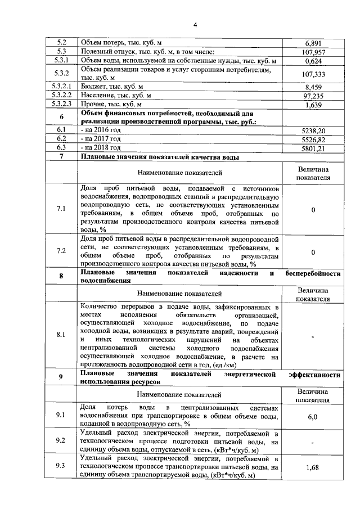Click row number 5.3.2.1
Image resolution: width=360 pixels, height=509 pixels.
[61, 87]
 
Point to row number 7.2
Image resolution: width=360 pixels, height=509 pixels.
[61, 251]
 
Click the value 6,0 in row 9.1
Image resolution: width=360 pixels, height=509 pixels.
[313, 416]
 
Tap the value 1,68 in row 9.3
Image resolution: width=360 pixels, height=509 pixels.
[313, 467]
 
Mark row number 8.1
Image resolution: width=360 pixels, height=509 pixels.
[61, 335]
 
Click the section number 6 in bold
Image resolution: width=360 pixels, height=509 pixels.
[61, 116]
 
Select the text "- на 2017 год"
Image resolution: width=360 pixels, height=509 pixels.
[101, 139]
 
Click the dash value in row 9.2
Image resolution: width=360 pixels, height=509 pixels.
[313, 442]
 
